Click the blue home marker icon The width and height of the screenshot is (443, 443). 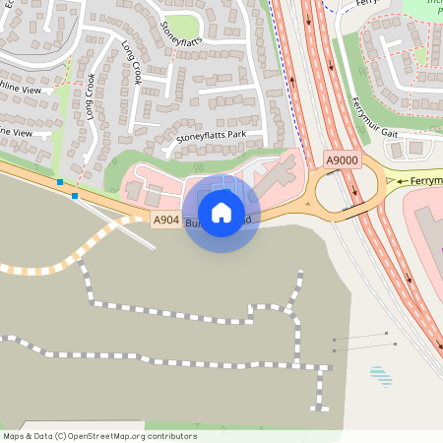[x=221, y=213]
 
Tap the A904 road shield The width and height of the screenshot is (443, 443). [x=165, y=221]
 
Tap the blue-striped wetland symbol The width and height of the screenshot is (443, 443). [x=380, y=375]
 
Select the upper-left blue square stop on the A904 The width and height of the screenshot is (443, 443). [x=60, y=182]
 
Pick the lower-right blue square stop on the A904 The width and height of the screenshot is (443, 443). [x=75, y=195]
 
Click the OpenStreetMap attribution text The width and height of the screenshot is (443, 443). [x=99, y=436]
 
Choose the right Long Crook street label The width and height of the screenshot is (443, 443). [x=132, y=61]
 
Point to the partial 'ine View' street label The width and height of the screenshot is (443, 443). [x=17, y=132]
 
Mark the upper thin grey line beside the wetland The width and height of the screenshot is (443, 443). [x=364, y=337]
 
